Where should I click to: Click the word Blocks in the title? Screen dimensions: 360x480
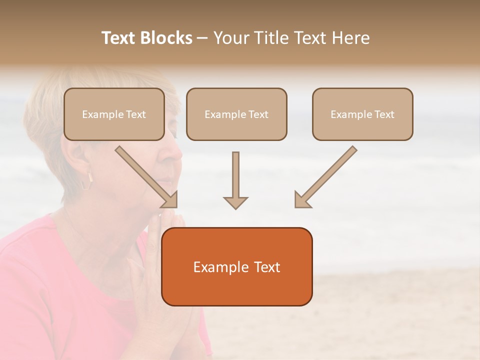click(x=167, y=38)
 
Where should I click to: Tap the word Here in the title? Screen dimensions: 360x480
click(x=350, y=38)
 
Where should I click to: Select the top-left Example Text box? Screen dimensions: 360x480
click(x=114, y=114)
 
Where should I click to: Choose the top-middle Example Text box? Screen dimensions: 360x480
click(x=236, y=114)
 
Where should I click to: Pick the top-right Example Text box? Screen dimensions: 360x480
click(x=362, y=114)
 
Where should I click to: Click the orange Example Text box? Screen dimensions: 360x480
click(x=236, y=267)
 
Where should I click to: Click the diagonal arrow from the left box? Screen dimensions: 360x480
click(x=145, y=176)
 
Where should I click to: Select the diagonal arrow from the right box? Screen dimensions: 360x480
click(x=326, y=176)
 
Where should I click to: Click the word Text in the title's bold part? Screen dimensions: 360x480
click(x=119, y=38)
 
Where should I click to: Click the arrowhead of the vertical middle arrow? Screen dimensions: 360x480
click(x=235, y=201)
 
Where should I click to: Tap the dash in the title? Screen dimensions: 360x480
click(x=202, y=38)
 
